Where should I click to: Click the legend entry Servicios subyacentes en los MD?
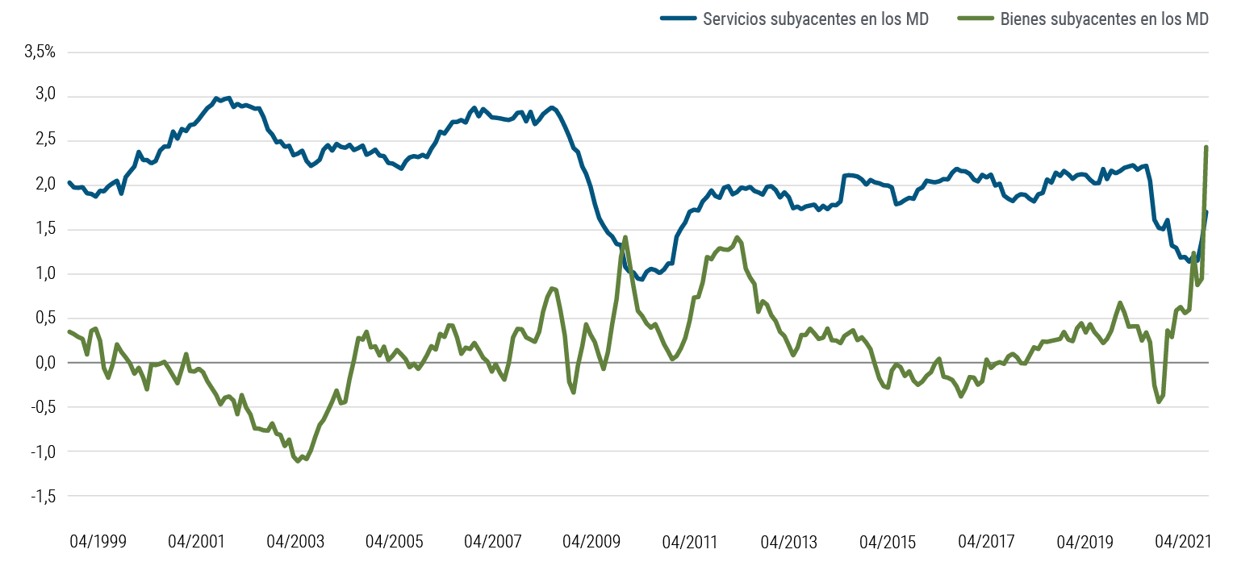pyautogui.click(x=816, y=19)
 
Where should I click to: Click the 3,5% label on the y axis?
pyautogui.click(x=40, y=52)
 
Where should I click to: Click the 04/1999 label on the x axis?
pyautogui.click(x=99, y=541)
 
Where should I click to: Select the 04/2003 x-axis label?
pyautogui.click(x=296, y=541)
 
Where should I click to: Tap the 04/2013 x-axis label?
pyautogui.click(x=790, y=541)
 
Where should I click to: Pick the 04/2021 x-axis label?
pyautogui.click(x=1185, y=541)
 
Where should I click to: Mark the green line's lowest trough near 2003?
pyautogui.click(x=299, y=461)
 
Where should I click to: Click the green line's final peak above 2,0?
pyautogui.click(x=1206, y=147)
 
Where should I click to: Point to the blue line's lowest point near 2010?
pyautogui.click(x=640, y=279)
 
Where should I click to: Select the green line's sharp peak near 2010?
pyautogui.click(x=625, y=237)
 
